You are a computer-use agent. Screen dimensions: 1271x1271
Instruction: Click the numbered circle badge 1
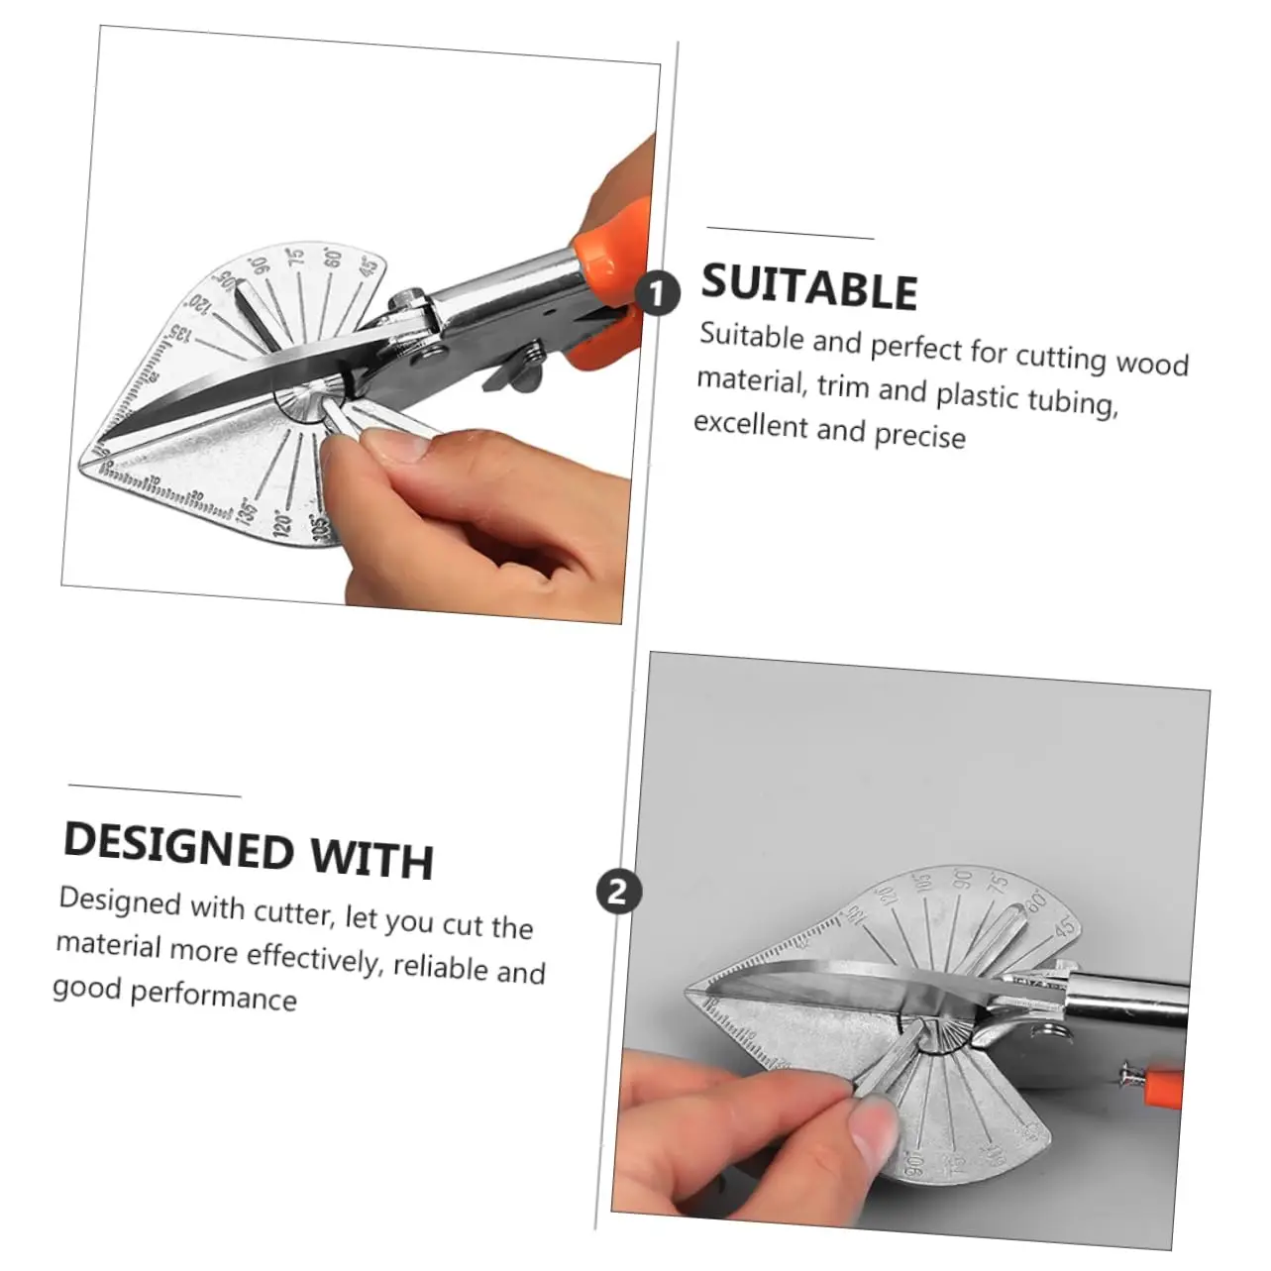point(658,293)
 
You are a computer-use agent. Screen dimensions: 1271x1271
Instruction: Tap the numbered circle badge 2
point(619,893)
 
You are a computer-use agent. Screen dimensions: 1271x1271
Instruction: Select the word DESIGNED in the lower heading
point(178,848)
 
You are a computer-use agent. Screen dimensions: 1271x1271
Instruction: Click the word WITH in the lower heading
point(372,859)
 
